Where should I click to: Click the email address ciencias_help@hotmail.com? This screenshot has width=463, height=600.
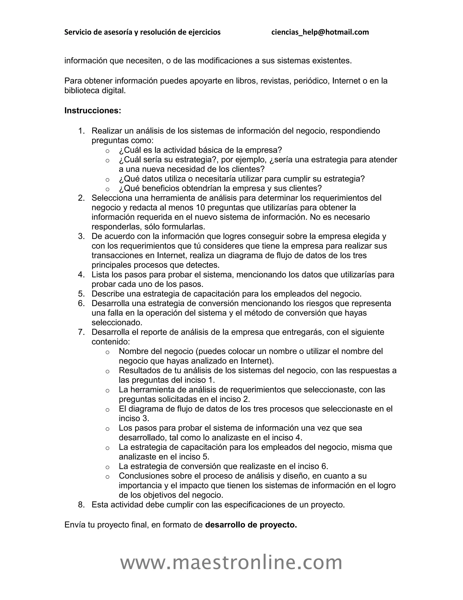[x=320, y=32]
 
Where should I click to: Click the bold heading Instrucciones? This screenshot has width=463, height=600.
[x=93, y=110]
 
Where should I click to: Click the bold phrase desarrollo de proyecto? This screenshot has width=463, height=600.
[x=251, y=525]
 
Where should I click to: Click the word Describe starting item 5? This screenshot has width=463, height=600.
[x=108, y=294]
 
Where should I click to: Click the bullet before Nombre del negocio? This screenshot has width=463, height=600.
[x=108, y=352]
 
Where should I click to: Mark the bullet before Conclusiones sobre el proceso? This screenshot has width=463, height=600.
[x=108, y=477]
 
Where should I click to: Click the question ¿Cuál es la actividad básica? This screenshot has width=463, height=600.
[x=200, y=150]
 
